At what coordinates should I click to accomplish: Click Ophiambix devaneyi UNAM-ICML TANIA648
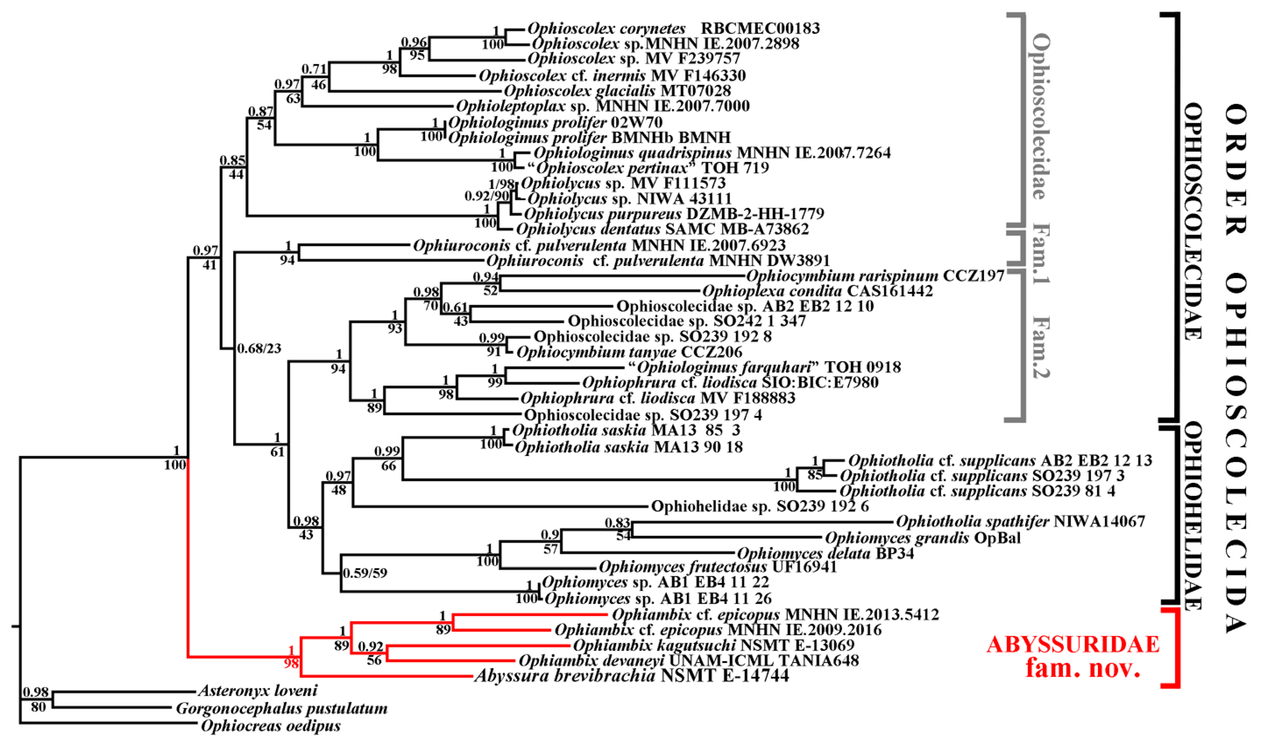[689, 661]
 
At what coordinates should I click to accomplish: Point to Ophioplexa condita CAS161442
[817, 291]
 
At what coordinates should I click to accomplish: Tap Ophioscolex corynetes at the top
[606, 29]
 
